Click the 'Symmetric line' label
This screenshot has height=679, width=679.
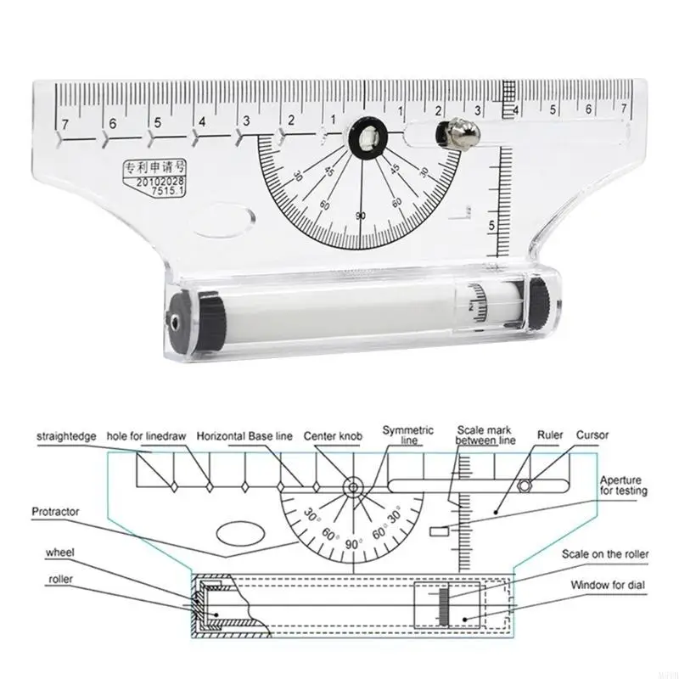[x=407, y=436]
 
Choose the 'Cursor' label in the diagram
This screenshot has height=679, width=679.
[x=593, y=436]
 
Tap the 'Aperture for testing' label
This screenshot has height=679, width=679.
[x=624, y=485]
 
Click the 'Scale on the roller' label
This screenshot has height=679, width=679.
[x=606, y=554]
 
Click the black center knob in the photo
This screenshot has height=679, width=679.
[x=367, y=137]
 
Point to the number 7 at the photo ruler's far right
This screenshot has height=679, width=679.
[x=624, y=109]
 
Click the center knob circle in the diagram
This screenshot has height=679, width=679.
[x=351, y=487]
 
